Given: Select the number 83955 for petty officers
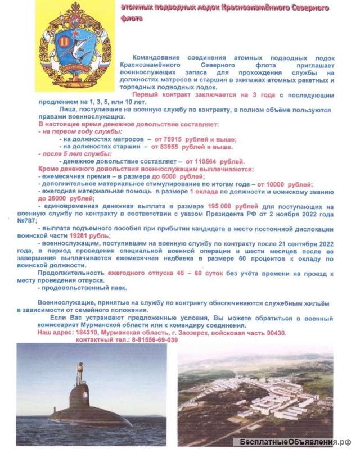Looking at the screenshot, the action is [173, 147].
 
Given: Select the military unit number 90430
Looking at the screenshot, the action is [273, 333].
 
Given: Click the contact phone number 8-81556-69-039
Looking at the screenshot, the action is [151, 340].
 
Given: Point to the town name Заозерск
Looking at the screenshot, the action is [200, 333].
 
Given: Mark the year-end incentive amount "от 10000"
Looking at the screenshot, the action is [271, 184].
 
